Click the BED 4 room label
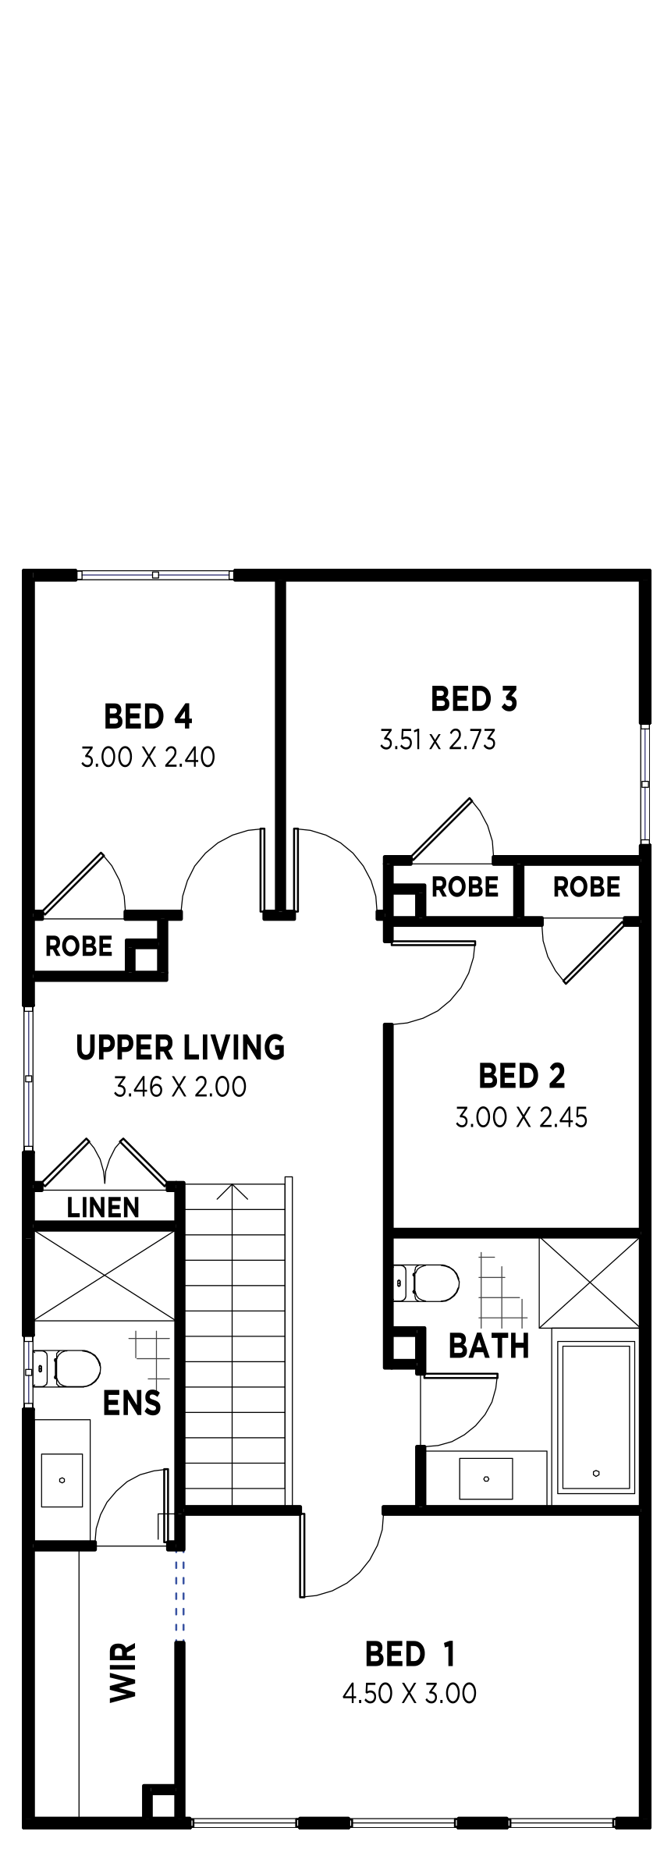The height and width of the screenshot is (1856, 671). [147, 716]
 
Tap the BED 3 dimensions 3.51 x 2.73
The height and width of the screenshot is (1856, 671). [438, 740]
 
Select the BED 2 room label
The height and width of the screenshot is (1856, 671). [521, 1076]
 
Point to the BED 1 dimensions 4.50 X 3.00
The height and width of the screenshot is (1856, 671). [410, 1693]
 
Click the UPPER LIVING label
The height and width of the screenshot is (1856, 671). [180, 1047]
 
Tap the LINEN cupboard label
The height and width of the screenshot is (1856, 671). [103, 1208]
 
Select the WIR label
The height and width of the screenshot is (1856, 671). [123, 1672]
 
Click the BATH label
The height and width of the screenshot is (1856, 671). [489, 1346]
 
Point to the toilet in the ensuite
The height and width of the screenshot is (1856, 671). [67, 1369]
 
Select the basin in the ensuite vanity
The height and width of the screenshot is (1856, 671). [62, 1480]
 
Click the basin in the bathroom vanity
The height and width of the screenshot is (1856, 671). [486, 1478]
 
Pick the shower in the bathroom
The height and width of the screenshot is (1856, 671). [589, 1283]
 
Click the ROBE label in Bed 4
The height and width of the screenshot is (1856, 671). [79, 946]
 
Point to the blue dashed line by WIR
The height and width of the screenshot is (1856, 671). [180, 1595]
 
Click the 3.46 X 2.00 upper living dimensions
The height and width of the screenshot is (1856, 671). [180, 1087]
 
